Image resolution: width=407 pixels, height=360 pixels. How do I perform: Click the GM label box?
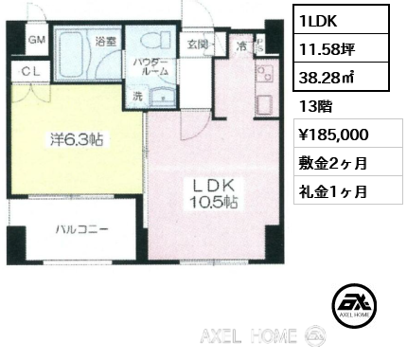[37, 40]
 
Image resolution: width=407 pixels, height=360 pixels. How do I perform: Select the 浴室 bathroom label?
[105, 41]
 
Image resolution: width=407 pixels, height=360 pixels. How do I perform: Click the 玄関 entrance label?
[198, 43]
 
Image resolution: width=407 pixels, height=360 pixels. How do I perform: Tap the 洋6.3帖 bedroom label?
[79, 139]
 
